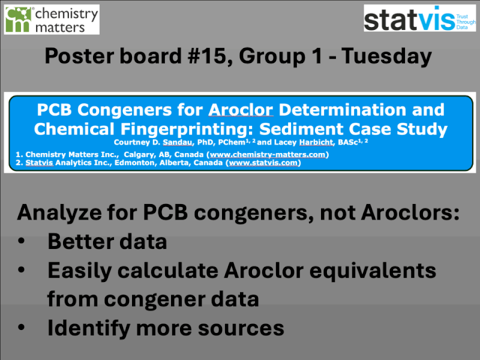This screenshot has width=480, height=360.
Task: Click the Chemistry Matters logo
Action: [x=52, y=19]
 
